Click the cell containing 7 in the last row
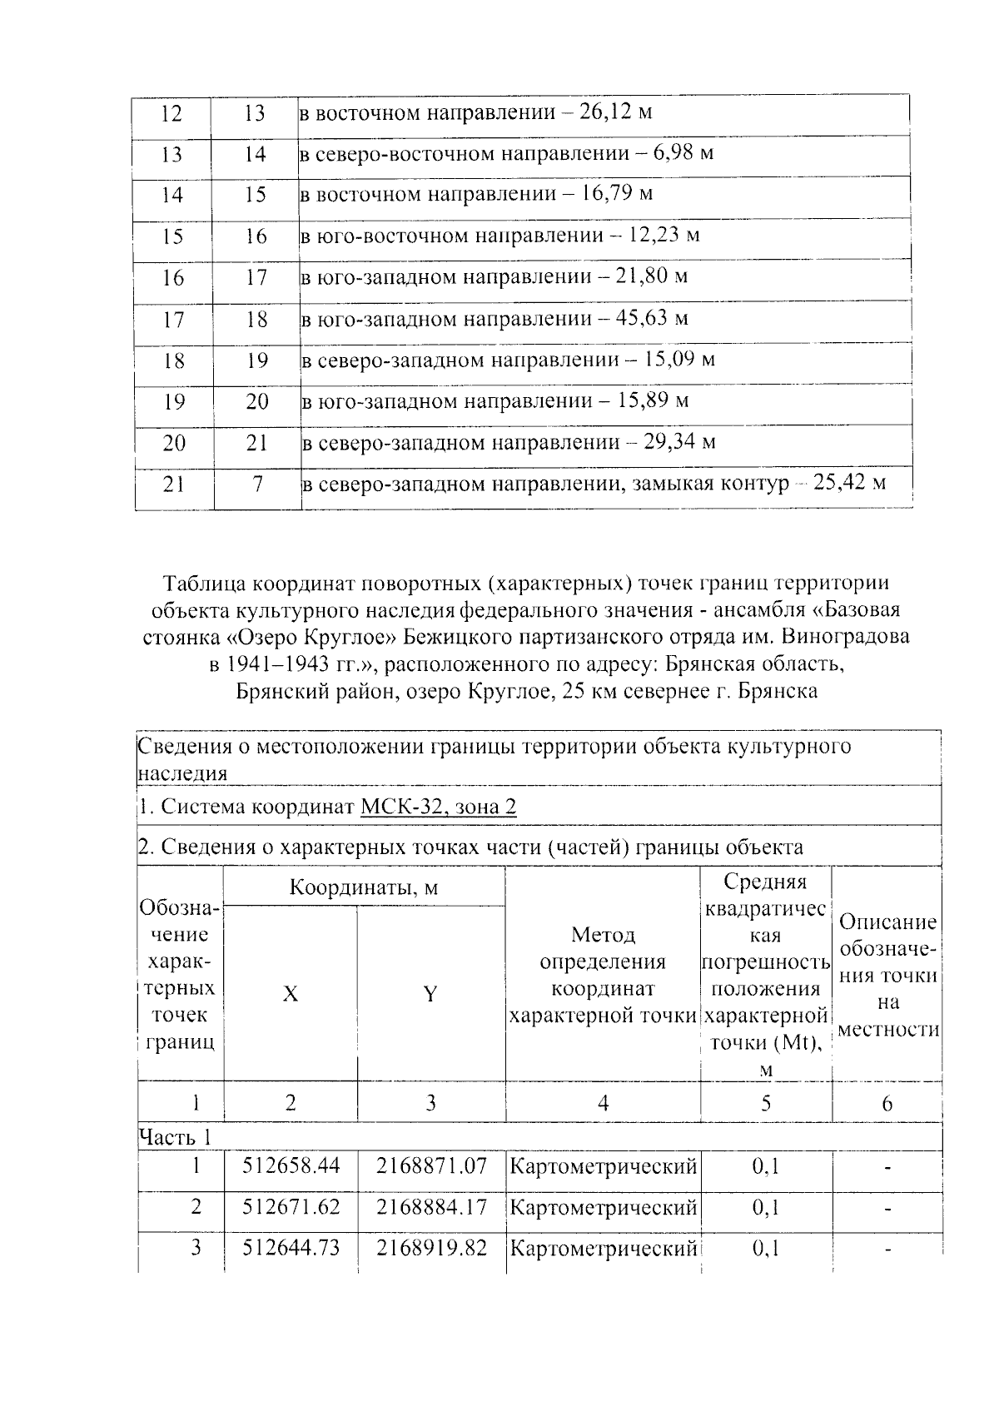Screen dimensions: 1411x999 [x=257, y=484]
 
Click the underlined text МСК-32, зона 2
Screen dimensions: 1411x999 [x=439, y=807]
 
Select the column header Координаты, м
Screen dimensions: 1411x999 [x=363, y=887]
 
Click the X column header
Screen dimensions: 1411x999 [x=290, y=994]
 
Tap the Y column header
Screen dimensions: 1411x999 [x=430, y=994]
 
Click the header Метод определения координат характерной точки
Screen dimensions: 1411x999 [x=603, y=975]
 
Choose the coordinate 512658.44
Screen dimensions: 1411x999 [x=291, y=1166]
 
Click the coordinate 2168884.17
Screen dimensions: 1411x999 [x=430, y=1206]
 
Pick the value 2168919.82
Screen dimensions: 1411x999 [x=430, y=1248]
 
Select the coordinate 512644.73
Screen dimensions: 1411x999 [x=291, y=1248]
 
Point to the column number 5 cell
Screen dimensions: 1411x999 [x=765, y=1104]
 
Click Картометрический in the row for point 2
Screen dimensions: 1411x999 [x=603, y=1206]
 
